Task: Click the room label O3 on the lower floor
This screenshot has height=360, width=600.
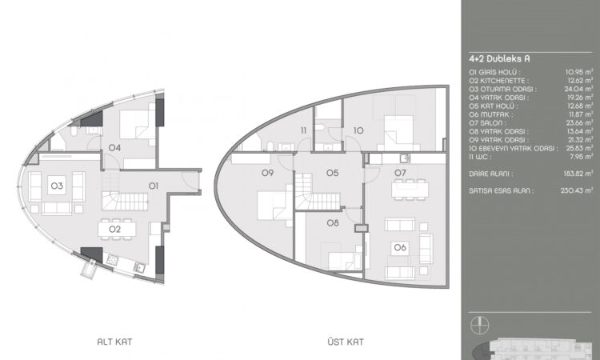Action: point(57,186)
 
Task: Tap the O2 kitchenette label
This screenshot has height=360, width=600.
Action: point(114,230)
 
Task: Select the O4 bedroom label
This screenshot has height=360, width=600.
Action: point(114,148)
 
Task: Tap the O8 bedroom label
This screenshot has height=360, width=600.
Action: point(332,222)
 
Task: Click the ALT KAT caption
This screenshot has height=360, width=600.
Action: point(114,341)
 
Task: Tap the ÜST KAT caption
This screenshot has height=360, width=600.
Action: point(345,341)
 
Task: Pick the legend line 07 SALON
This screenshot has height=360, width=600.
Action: point(490,122)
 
